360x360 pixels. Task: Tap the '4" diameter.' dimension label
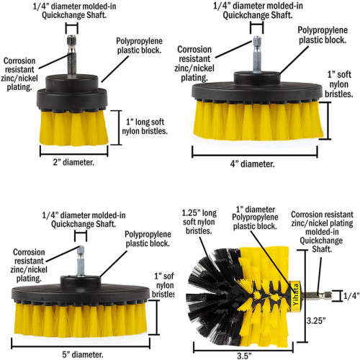[x=248, y=164]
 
